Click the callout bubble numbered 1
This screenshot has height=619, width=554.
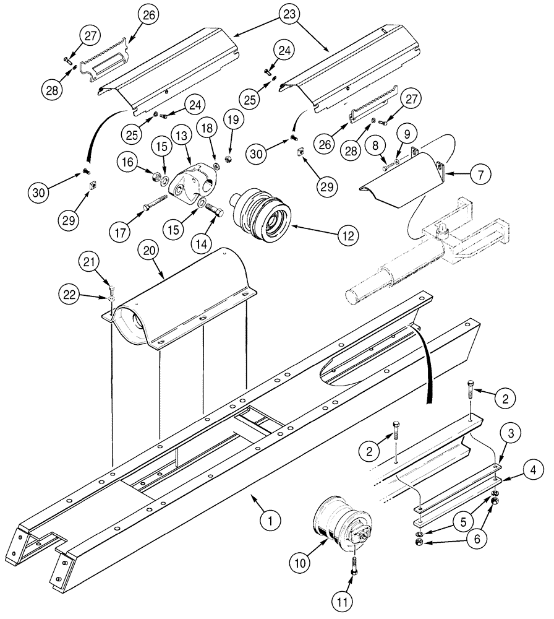pyautogui.click(x=267, y=521)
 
